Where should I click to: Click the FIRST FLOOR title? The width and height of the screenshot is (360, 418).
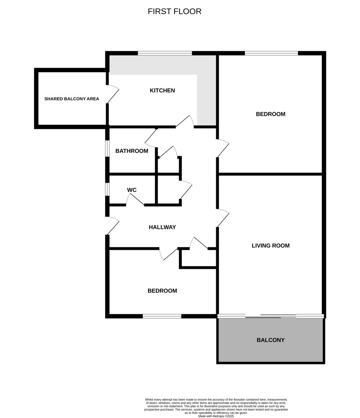pos(174,11)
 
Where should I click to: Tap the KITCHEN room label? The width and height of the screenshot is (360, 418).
pos(162,91)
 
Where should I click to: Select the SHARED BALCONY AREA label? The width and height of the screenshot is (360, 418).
pos(71,99)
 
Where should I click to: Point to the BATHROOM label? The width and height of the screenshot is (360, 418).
pos(132,151)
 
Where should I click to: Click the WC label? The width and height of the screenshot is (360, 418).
pos(132,190)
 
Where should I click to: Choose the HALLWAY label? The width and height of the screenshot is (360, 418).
pos(162,227)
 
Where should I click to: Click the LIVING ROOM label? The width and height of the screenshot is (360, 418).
pos(270,246)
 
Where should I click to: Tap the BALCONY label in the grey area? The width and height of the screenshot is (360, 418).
pos(270,340)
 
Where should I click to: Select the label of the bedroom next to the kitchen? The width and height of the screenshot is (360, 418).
pos(270,114)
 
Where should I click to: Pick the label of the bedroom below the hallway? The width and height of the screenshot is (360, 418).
pos(162,291)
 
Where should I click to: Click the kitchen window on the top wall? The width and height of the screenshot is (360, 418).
pos(165,53)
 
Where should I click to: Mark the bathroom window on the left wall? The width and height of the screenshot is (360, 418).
pos(107,148)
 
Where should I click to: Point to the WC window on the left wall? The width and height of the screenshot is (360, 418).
pos(107,189)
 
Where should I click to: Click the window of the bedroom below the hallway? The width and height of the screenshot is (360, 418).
pos(162,316)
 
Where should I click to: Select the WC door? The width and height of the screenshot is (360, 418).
pos(135,200)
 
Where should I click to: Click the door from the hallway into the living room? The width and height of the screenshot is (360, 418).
pos(222,218)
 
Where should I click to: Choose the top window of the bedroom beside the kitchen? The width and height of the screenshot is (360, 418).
pos(271,53)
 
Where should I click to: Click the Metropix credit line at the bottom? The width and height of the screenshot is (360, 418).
pos(216,416)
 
